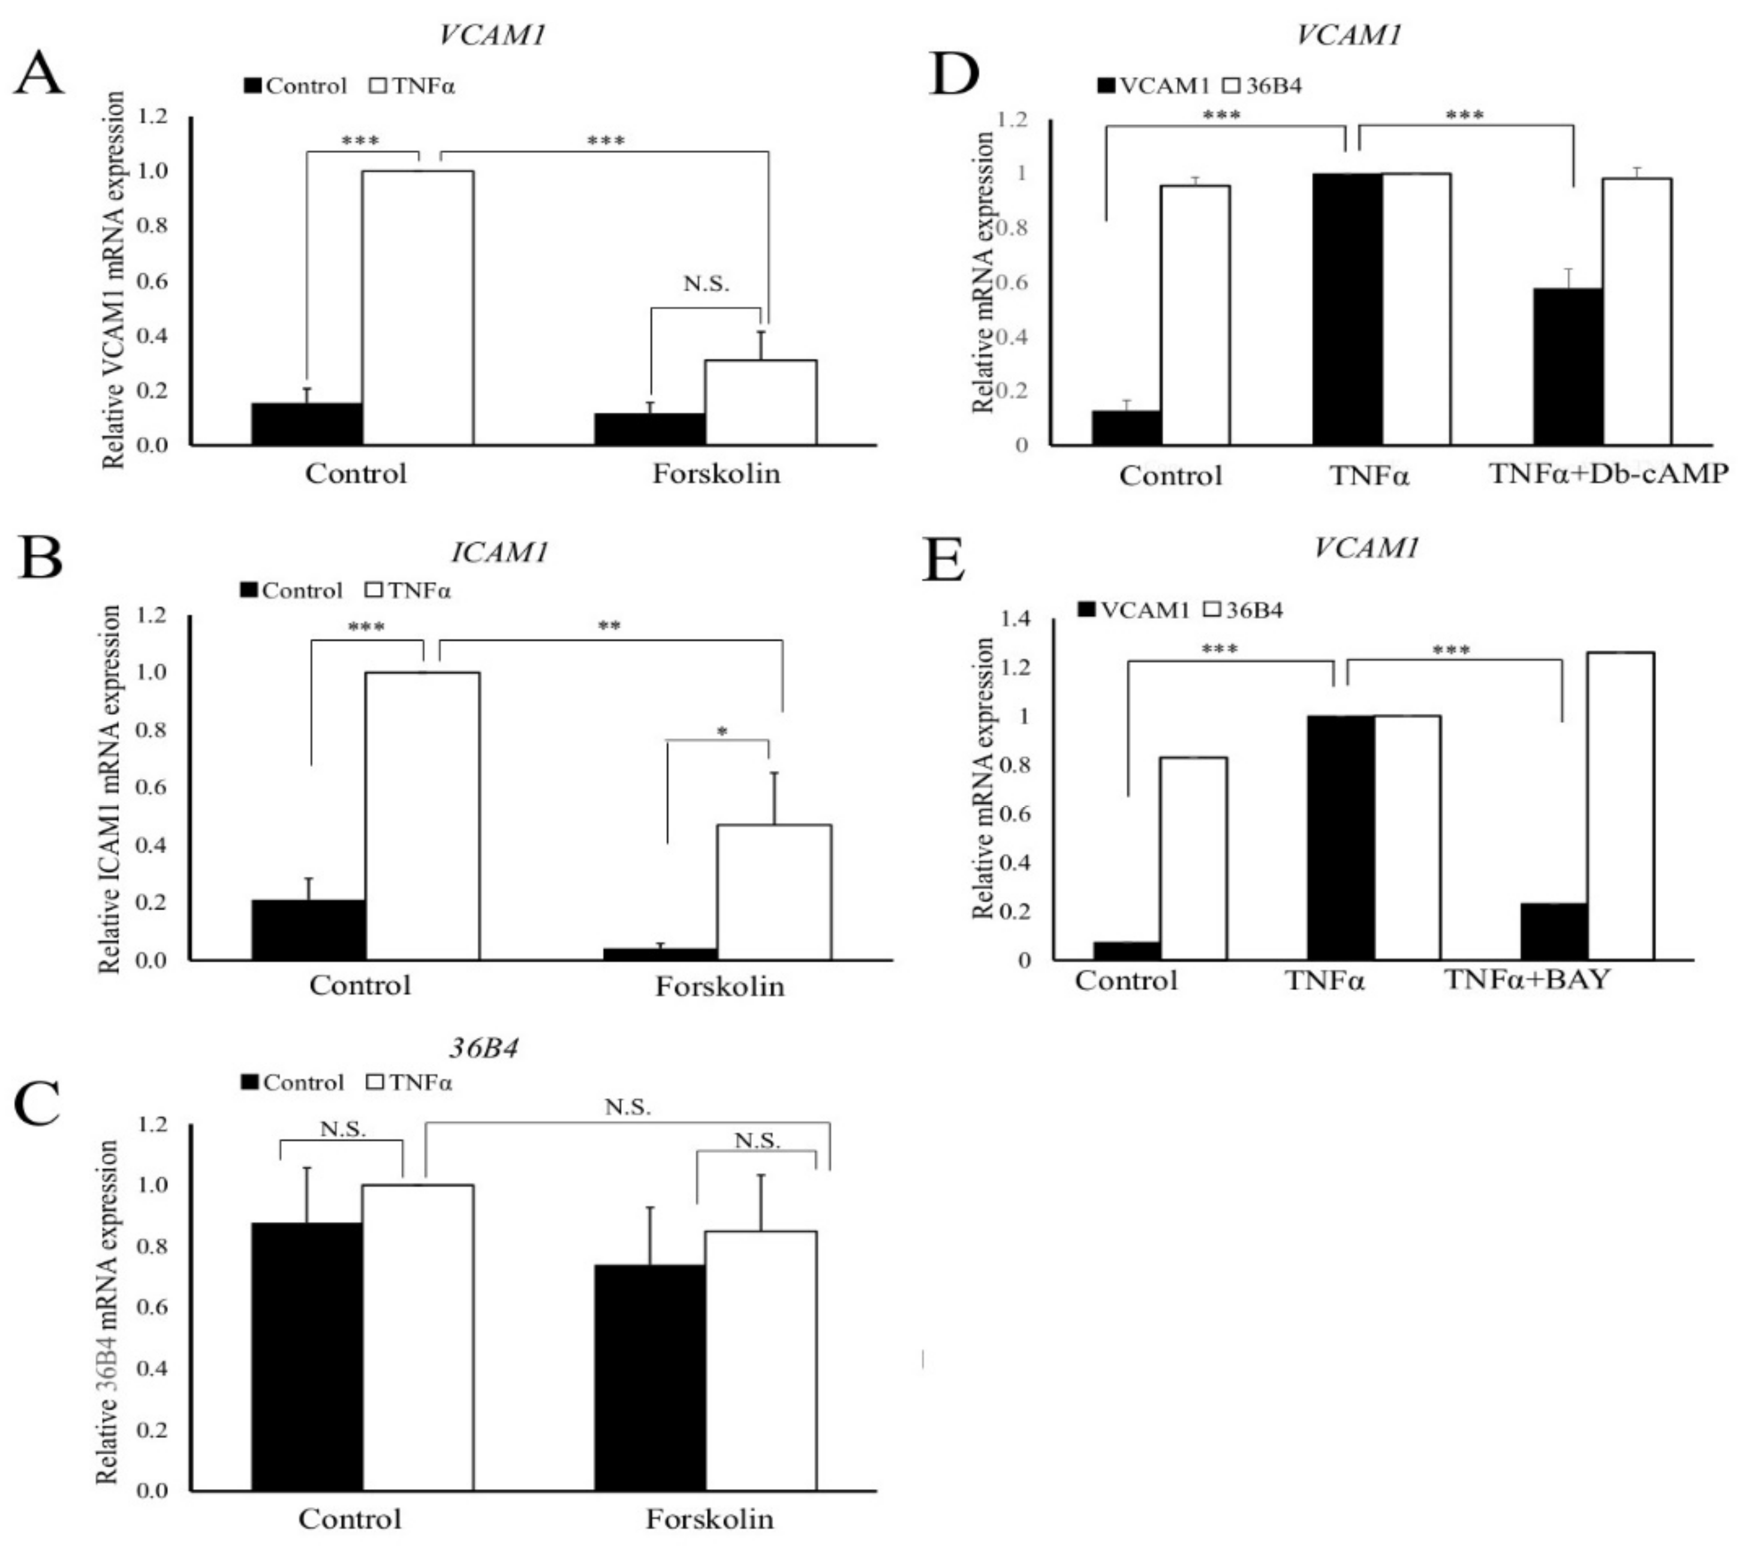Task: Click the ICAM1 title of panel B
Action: (x=499, y=553)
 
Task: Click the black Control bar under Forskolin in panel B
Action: (x=660, y=954)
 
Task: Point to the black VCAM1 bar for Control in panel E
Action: (x=1127, y=951)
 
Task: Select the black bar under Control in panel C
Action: (x=306, y=1357)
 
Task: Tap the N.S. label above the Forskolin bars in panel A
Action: (x=706, y=284)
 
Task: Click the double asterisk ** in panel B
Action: (x=609, y=626)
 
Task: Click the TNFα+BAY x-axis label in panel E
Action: (x=1527, y=979)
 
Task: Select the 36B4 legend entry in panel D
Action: (x=1263, y=85)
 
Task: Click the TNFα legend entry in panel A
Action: (x=414, y=86)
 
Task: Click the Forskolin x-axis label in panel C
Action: (x=709, y=1518)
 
